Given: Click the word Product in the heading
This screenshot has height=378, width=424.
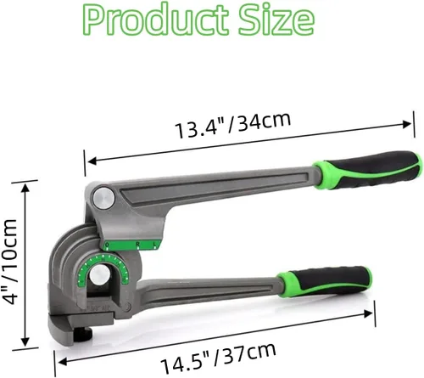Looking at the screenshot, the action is tap(156, 20).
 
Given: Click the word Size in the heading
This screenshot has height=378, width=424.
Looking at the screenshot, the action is tap(276, 20).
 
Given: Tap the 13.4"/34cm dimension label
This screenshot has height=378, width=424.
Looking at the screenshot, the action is tap(232, 125).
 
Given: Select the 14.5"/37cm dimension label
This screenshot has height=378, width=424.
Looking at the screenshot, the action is tap(218, 358).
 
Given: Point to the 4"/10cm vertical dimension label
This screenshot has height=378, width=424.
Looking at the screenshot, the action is tap(11, 262).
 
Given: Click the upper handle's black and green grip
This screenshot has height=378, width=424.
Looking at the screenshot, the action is tap(367, 169).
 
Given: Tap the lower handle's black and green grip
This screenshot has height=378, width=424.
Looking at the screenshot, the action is tap(324, 281).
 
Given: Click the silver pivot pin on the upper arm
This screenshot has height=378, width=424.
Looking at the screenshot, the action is tap(104, 197).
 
